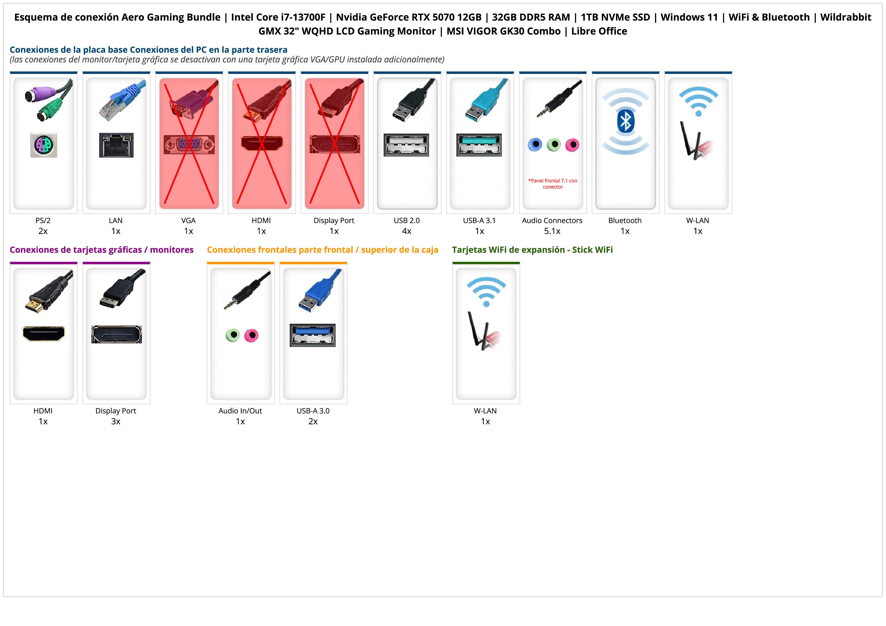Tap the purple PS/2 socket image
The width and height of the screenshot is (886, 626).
pos(44,145)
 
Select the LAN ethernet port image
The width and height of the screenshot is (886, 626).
pos(116,145)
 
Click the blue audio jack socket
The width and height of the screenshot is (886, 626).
pos(535,145)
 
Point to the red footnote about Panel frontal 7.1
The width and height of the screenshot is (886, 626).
pos(553,184)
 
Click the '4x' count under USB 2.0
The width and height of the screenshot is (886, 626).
pos(407,231)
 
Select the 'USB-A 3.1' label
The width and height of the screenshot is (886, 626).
pos(479,221)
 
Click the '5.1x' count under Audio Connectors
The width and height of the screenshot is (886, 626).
pos(552,231)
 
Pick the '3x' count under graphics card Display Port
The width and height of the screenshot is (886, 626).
pos(116,421)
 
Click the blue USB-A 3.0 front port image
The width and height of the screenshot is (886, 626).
pos(313,335)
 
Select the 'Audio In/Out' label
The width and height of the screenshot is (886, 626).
pos(240,411)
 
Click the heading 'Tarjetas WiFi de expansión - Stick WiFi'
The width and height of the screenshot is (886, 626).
pos(532,250)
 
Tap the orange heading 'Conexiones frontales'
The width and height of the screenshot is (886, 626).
pos(323,250)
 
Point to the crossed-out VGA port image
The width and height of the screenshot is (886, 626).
pos(189,145)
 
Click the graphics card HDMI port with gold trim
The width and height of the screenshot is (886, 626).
pos(44,334)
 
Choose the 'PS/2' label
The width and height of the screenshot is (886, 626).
pos(43,221)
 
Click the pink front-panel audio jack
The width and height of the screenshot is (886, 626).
pos(252,335)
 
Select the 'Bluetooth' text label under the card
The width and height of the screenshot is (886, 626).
pos(625,221)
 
